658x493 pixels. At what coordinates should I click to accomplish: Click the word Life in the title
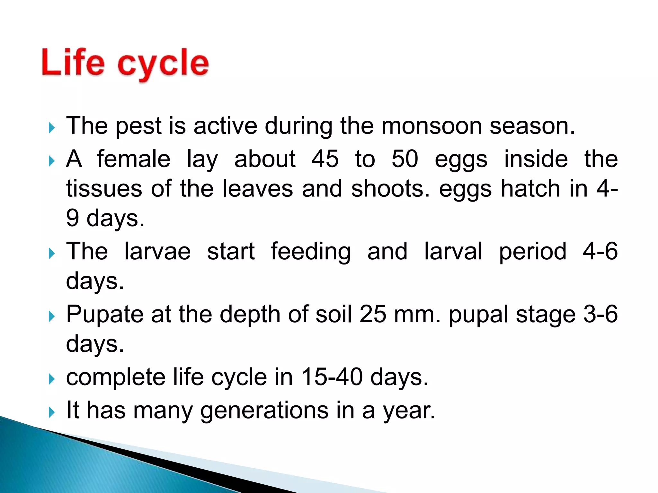click(73, 63)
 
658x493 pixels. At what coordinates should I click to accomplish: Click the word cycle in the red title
click(163, 64)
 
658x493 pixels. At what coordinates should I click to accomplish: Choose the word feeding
click(311, 252)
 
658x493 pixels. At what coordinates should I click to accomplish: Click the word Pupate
click(105, 315)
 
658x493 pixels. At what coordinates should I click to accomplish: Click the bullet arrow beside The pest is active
click(52, 128)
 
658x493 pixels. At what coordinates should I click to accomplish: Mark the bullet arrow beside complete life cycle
click(52, 379)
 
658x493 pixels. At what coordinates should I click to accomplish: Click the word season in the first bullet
click(532, 126)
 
